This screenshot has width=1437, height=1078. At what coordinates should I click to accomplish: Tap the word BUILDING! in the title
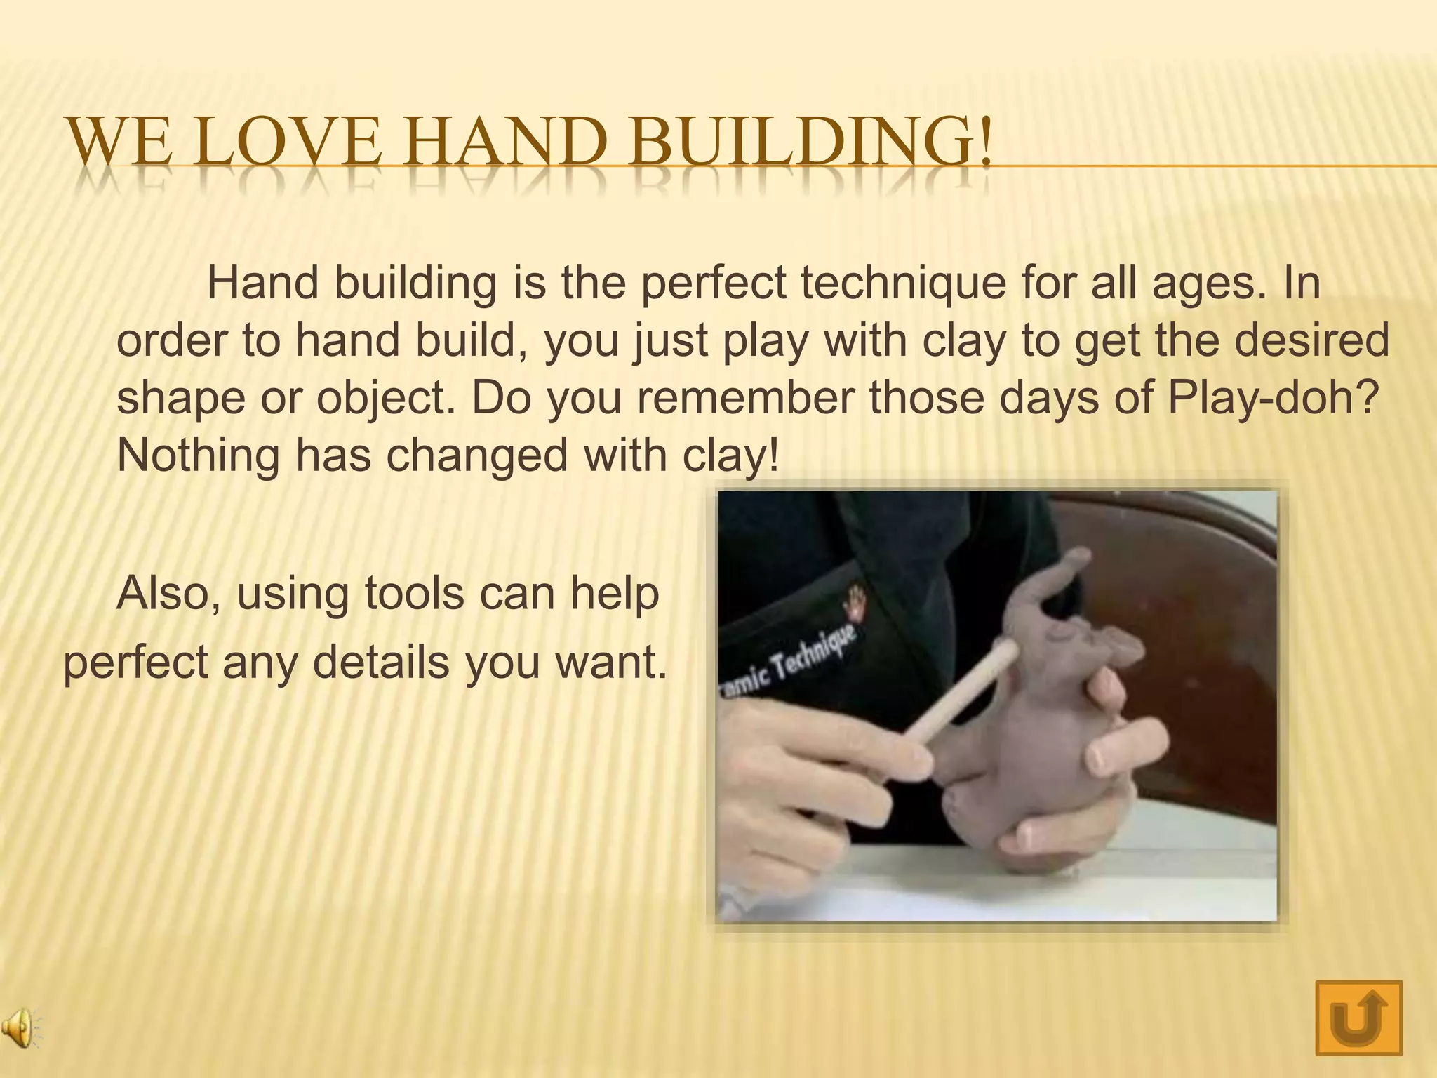[810, 142]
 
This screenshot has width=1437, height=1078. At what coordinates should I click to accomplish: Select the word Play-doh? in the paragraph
[1274, 398]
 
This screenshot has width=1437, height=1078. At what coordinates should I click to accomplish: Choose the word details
[381, 662]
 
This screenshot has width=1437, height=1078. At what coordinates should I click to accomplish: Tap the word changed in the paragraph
[477, 455]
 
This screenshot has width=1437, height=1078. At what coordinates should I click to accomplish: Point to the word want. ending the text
[611, 662]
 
